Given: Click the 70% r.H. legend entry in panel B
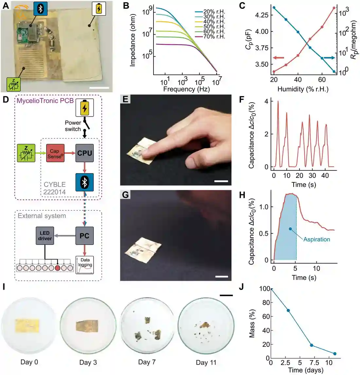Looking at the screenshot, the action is point(210,37).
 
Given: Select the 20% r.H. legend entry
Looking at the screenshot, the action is point(210,12).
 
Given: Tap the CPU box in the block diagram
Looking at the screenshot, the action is point(84,153).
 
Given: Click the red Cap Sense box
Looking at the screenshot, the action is point(55,153).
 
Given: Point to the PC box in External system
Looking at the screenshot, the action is point(84,236).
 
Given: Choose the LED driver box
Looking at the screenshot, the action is point(45,236).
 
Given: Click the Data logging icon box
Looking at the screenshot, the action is point(85,265).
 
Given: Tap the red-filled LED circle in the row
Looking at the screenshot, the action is point(57,268).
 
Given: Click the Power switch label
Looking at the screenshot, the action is point(73,126).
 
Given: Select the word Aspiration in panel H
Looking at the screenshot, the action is point(317,240).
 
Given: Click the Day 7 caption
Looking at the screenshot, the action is point(147,362).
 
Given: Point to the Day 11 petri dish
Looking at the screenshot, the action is point(206,326).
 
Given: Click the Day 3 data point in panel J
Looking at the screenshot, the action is point(288,311).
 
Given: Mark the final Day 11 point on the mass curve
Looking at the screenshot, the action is point(335,354).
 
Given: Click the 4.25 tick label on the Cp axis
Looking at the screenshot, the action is point(262,15).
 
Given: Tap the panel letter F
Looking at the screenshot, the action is point(242,99).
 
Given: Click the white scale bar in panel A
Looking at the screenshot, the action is point(99,88).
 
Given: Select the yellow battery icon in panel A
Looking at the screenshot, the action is point(99,9).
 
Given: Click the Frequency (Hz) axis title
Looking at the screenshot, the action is point(187,89).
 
